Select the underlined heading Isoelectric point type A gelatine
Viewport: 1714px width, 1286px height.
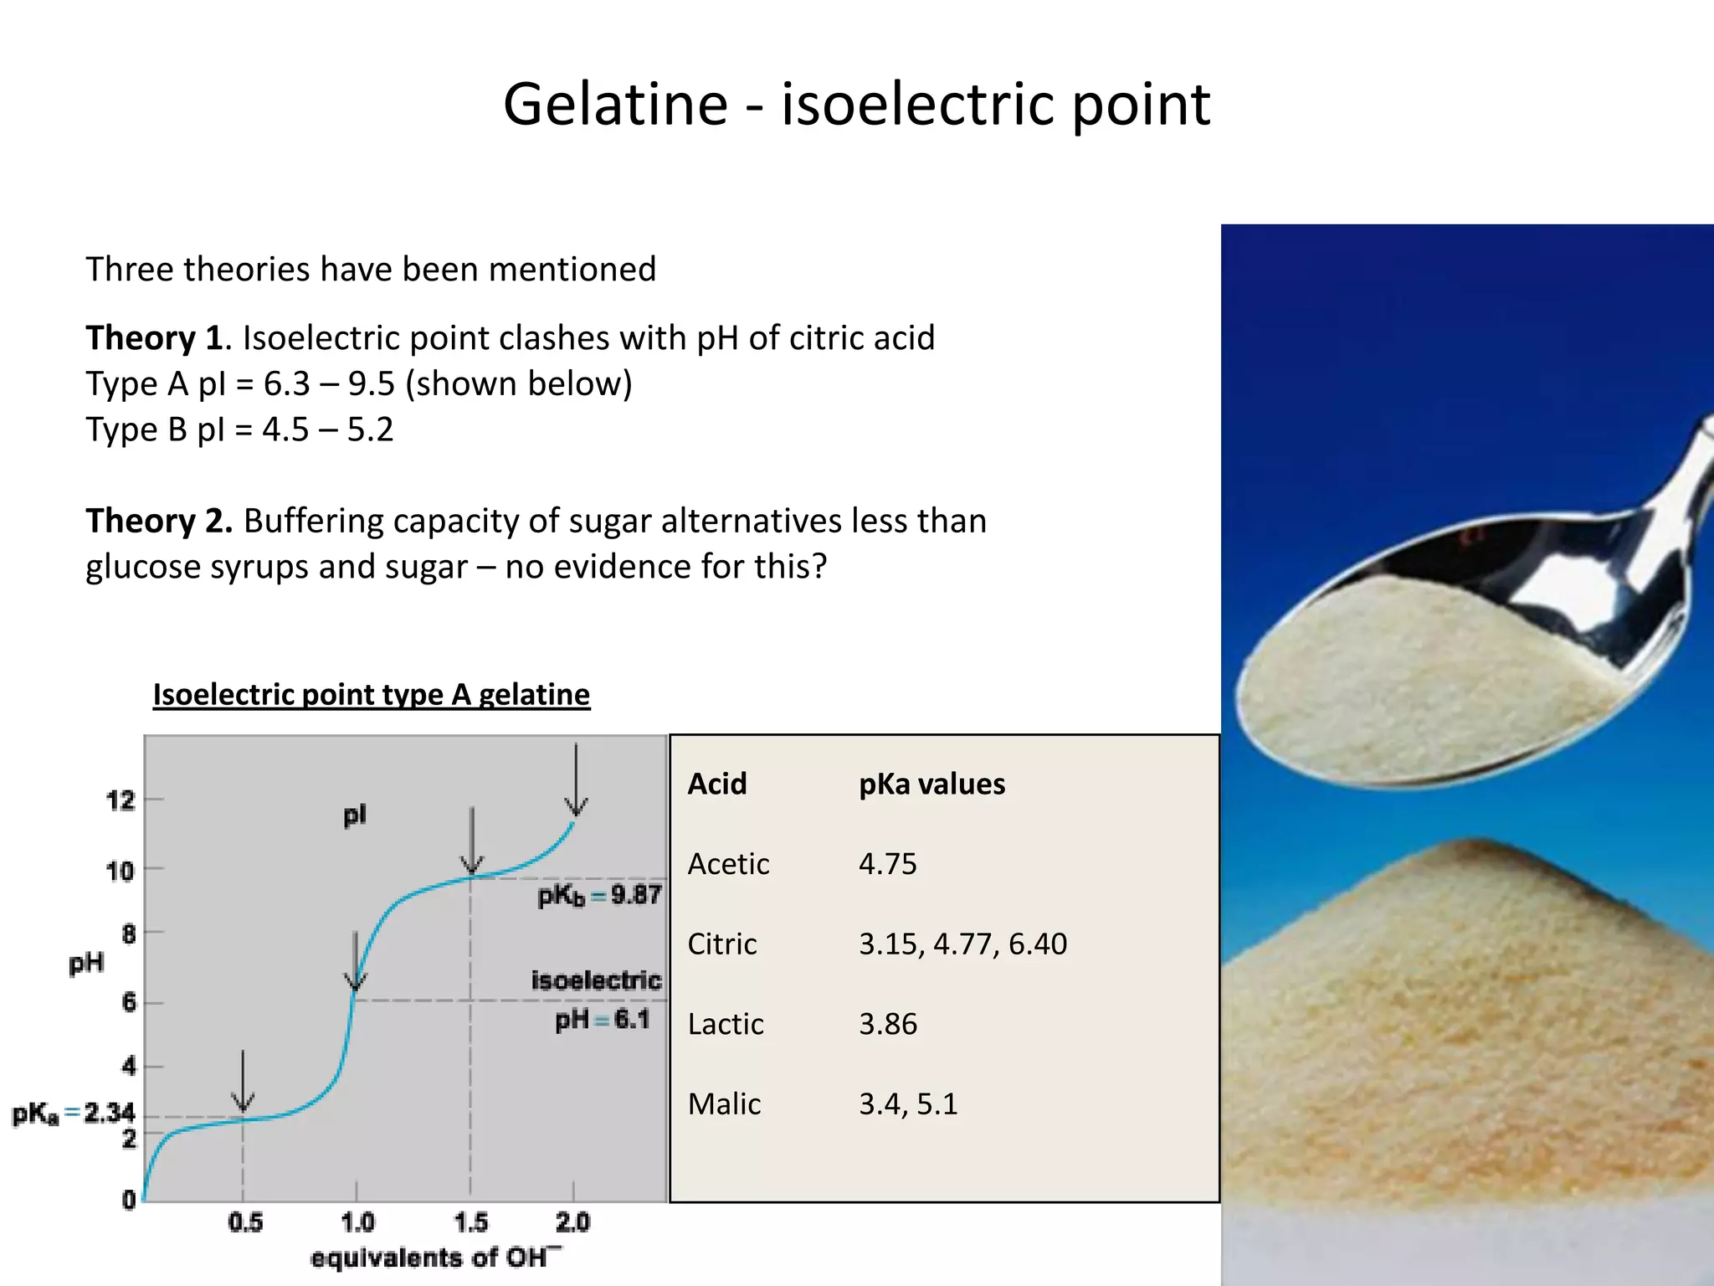pyautogui.click(x=371, y=695)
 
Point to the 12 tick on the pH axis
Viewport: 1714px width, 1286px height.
pyautogui.click(x=121, y=800)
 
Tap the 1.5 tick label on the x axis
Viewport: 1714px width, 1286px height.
pyautogui.click(x=470, y=1222)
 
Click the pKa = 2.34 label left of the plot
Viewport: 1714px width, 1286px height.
pyautogui.click(x=73, y=1114)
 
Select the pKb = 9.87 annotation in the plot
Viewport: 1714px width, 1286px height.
pyautogui.click(x=599, y=895)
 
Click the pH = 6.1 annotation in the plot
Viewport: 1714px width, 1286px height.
pyautogui.click(x=602, y=1020)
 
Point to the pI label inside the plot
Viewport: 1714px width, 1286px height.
pyautogui.click(x=355, y=815)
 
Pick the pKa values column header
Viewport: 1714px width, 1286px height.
pyautogui.click(x=931, y=784)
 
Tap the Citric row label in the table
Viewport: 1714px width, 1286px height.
pyautogui.click(x=721, y=944)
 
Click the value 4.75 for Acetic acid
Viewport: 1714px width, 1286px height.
pyautogui.click(x=887, y=864)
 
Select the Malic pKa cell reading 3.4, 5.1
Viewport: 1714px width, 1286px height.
pyautogui.click(x=908, y=1104)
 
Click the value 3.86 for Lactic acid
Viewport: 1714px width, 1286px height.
pyautogui.click(x=888, y=1024)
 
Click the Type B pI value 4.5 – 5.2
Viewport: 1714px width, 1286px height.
pyautogui.click(x=327, y=430)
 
